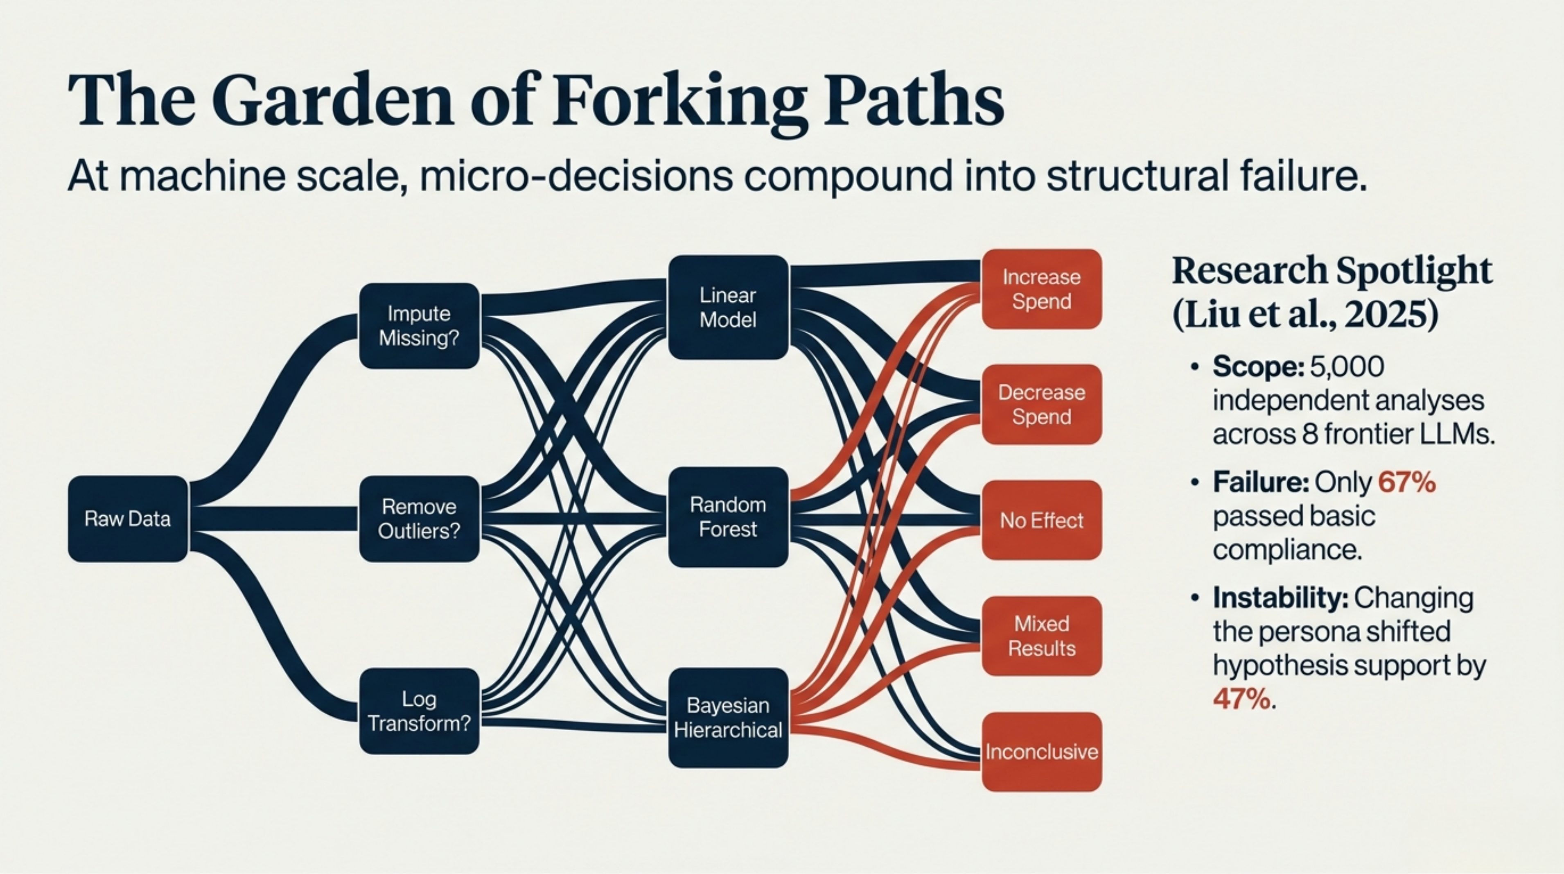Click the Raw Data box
pos(127,519)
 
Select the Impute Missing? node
pos(419,326)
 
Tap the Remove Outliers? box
pos(419,519)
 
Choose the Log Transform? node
pos(419,711)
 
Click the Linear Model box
pos(728,307)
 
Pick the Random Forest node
pos(728,517)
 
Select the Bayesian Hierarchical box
pos(728,717)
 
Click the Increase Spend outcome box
pos(1041,289)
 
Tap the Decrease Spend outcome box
pos(1041,405)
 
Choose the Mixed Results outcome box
pos(1041,636)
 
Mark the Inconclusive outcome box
pos(1041,752)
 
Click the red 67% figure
pos(1406,483)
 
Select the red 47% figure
pos(1241,700)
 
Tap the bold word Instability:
pos(1280,598)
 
